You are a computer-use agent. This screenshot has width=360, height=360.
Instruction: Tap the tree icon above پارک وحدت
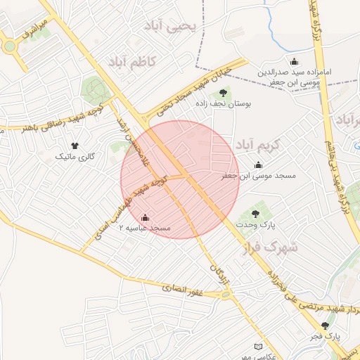255,213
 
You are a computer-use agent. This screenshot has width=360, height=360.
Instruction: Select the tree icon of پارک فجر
325,326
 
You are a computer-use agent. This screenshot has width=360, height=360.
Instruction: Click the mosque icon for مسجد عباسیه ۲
145,217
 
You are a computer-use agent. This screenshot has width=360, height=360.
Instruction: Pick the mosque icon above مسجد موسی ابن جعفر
259,165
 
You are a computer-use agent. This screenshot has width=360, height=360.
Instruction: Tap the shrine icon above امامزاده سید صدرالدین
293,61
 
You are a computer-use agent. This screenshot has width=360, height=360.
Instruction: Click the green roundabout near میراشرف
9,47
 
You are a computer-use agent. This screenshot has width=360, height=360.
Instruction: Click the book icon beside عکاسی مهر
259,347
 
